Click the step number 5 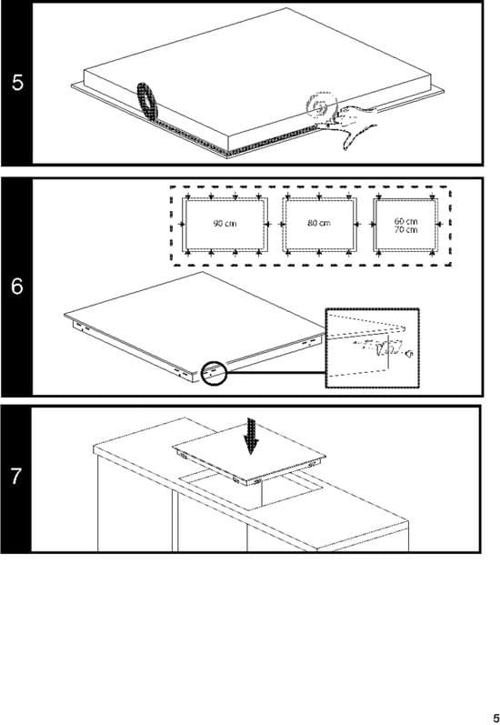(17, 83)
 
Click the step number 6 (17, 287)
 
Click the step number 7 (16, 477)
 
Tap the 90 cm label (225, 224)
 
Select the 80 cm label (319, 223)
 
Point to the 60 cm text (405, 221)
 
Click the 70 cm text (405, 229)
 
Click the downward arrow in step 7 (252, 437)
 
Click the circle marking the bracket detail (214, 372)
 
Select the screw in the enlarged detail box (408, 354)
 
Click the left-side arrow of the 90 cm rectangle (181, 225)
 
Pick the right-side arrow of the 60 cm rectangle (439, 225)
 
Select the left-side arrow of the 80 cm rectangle (282, 225)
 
